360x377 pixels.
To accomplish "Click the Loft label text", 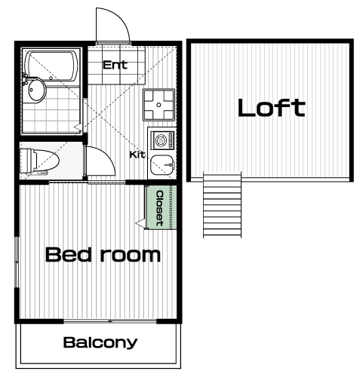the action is [x=272, y=108].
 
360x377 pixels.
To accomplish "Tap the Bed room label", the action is [x=103, y=255].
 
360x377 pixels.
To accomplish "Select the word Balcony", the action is [x=100, y=342].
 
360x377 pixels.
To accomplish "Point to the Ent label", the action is [x=115, y=65].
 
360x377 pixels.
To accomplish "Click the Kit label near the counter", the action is [x=137, y=155].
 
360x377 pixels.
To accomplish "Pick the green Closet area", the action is [x=161, y=207].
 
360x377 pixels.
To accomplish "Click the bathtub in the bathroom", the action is [x=52, y=66].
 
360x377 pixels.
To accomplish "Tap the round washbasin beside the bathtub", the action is [x=36, y=89].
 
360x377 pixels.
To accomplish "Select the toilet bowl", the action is [x=48, y=161].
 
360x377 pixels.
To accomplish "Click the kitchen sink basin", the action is [x=162, y=165].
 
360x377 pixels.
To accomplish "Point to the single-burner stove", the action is [x=162, y=140].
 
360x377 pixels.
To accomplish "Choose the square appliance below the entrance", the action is [x=158, y=105].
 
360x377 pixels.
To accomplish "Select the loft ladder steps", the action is [x=222, y=204].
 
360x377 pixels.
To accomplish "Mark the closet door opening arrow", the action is [x=140, y=222].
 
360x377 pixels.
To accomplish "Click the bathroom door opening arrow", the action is [x=78, y=127].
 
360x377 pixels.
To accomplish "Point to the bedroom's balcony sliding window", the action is [x=110, y=321].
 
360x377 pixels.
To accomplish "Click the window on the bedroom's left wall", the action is [x=17, y=262].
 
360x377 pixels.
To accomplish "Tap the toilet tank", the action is [x=26, y=161].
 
